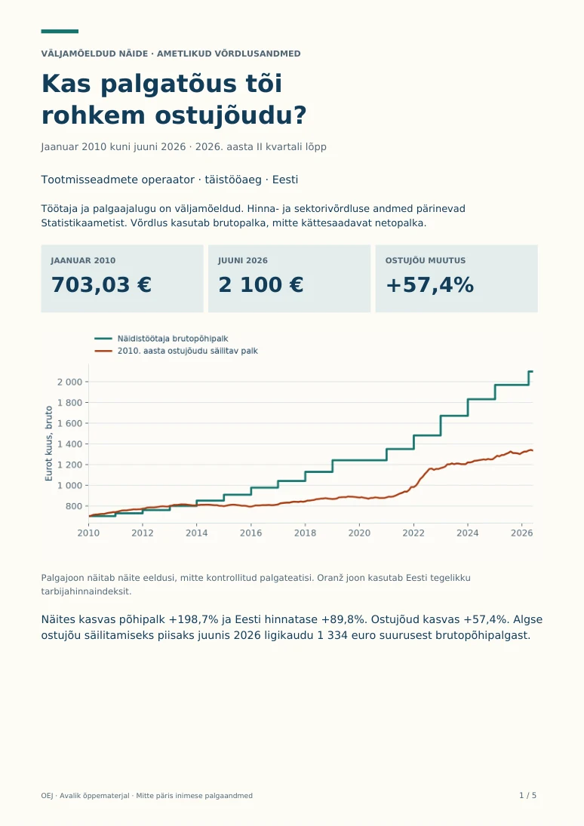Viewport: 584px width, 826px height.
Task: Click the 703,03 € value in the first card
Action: pos(101,285)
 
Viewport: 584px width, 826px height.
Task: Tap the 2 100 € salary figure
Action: pos(261,285)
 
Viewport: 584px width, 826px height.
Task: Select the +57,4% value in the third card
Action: pos(429,285)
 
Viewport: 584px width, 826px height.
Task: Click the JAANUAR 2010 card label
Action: pos(83,260)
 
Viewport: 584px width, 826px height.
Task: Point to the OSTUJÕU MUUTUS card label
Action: pos(426,260)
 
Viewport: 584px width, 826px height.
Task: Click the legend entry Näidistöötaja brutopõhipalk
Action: pos(172,339)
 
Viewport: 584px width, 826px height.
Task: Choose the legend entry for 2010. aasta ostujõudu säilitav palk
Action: pos(188,351)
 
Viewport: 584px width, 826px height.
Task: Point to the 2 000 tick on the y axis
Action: pos(69,382)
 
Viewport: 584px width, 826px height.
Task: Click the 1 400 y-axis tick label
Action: pos(69,444)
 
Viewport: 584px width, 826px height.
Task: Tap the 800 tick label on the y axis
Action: pos(74,506)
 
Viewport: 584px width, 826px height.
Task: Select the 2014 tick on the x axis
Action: pos(197,533)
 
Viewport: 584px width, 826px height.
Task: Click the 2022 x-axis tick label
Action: pos(413,533)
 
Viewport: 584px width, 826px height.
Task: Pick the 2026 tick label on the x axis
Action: pos(522,533)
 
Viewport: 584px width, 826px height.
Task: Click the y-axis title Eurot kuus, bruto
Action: pos(48,444)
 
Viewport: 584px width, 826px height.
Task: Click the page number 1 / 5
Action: pos(527,795)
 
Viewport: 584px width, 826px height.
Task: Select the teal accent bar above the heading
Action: pos(60,32)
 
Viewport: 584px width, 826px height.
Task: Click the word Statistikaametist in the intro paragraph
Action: pos(84,223)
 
